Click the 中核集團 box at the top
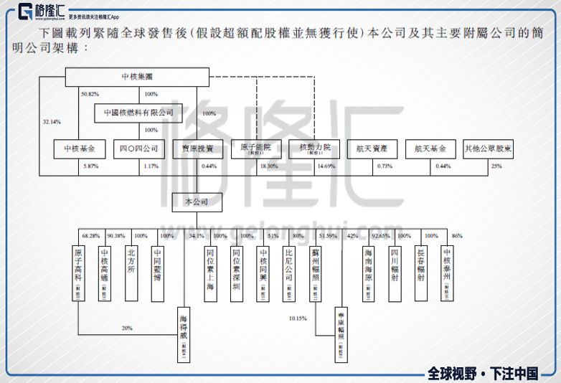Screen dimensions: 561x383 click(x=137, y=77)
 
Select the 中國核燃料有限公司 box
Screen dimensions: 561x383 click(x=138, y=113)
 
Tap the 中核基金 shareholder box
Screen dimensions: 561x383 click(x=80, y=149)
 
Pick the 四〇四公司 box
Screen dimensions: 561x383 click(x=138, y=149)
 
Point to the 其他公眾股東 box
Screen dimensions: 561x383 click(x=488, y=149)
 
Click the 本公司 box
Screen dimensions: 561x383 click(x=197, y=202)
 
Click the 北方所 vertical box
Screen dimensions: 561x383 click(x=131, y=273)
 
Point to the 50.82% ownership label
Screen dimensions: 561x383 click(x=90, y=94)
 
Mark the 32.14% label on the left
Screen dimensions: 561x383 click(x=52, y=122)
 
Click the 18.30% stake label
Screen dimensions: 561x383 click(x=269, y=166)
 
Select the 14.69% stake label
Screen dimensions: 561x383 click(x=326, y=166)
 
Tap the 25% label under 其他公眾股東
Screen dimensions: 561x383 click(x=496, y=166)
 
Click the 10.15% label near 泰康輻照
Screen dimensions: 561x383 click(x=298, y=317)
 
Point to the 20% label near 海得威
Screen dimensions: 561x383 click(x=127, y=328)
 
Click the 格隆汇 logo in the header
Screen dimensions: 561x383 click(x=43, y=12)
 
